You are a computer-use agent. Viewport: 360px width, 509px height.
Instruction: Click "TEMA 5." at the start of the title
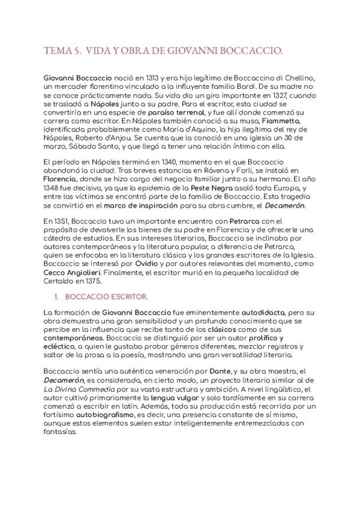61,52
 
